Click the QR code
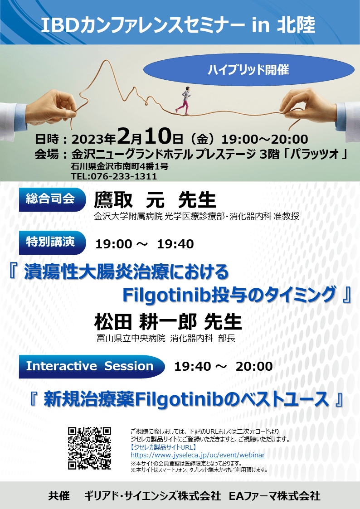(x=90, y=448)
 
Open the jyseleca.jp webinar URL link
(x=197, y=455)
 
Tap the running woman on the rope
(x=184, y=100)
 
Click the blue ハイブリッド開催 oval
(x=248, y=69)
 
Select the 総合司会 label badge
(x=52, y=199)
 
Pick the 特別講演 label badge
(x=52, y=242)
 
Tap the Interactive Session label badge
(x=92, y=367)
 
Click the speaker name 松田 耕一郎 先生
(x=168, y=321)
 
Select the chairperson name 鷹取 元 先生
(x=155, y=199)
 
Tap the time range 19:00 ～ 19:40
(x=145, y=244)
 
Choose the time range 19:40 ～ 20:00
(x=224, y=367)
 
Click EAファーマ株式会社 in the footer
(x=275, y=496)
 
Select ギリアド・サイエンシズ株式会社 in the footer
(x=153, y=496)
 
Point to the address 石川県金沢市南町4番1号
(x=120, y=167)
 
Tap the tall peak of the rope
(x=106, y=61)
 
